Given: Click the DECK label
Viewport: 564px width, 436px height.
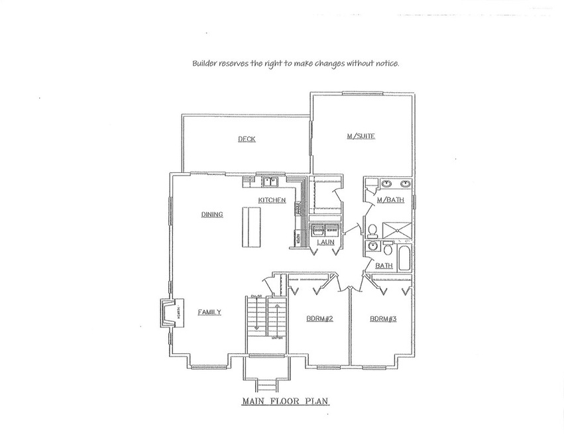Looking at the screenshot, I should point(247,139).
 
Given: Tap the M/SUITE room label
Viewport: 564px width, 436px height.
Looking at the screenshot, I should point(361,136).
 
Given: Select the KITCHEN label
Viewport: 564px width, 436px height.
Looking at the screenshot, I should point(272,200).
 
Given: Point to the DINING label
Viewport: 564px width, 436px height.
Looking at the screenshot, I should point(212,215).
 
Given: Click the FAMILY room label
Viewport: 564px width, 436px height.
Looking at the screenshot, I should point(209,312).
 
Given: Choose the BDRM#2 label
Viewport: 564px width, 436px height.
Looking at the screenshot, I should point(319,319).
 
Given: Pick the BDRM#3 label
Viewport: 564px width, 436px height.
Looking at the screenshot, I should point(383,319).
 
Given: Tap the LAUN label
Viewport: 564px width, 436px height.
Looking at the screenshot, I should point(325,243).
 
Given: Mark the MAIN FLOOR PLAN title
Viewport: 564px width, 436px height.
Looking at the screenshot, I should point(285,402).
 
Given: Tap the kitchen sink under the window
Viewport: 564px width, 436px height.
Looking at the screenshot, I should point(270,182).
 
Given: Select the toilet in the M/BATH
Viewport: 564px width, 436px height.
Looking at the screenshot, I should point(372,231).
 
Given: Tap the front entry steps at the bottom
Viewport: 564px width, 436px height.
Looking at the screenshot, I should point(266,386).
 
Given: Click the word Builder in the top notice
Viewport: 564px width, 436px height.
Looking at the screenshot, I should point(204,64).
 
